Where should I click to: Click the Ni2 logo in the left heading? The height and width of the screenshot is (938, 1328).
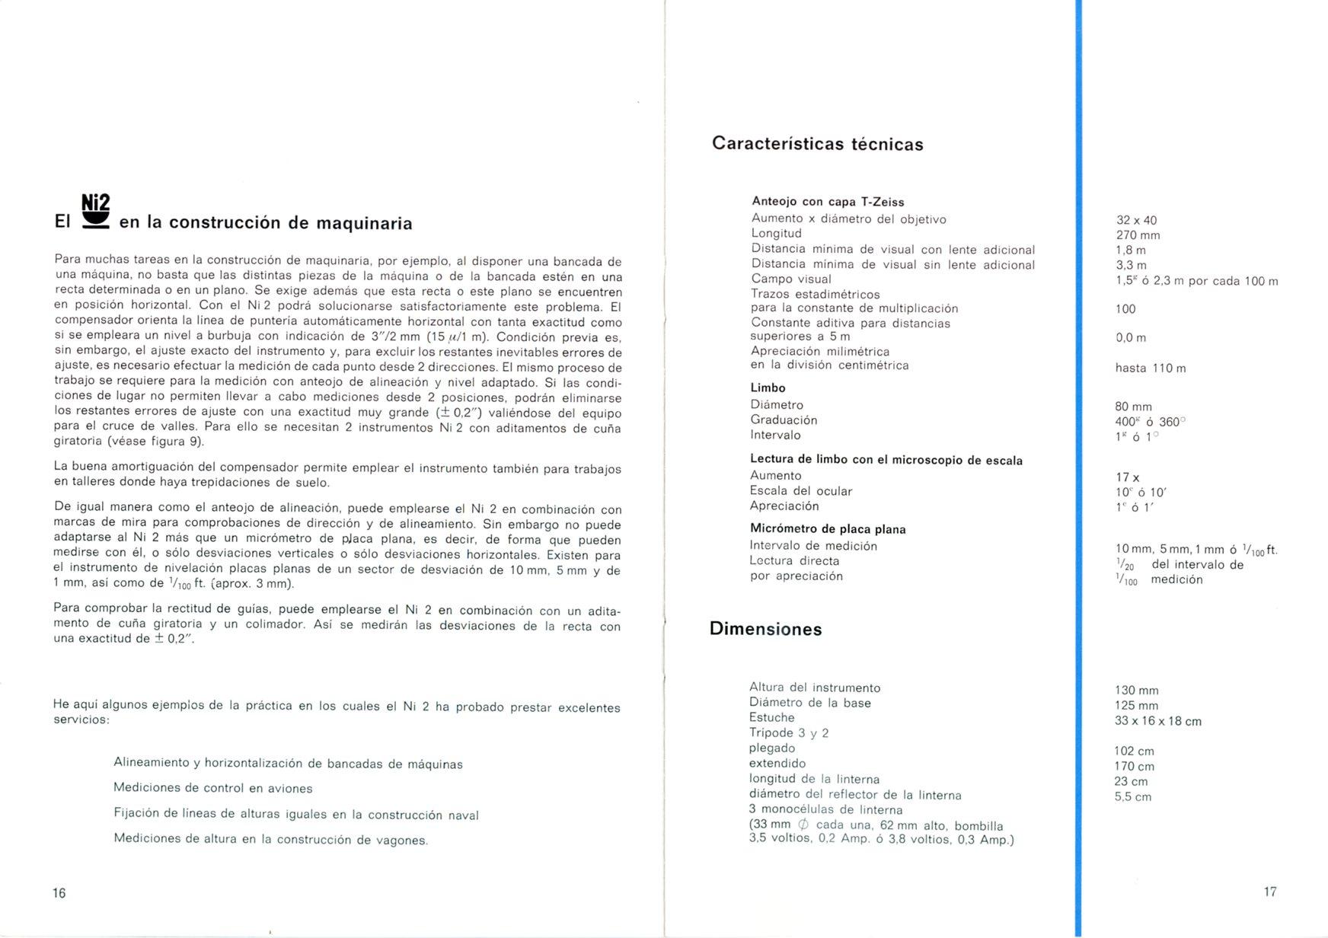(x=95, y=211)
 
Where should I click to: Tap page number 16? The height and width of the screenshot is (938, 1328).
(x=59, y=893)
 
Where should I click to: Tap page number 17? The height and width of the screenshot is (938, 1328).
(x=1270, y=892)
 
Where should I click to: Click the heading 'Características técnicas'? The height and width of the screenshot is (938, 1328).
(x=817, y=144)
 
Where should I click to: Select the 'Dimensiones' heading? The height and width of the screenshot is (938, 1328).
(x=765, y=629)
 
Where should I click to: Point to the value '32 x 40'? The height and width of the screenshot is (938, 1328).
(x=1136, y=221)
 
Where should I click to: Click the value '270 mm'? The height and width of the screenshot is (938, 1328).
(x=1138, y=235)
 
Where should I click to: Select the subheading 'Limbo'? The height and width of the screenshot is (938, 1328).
(x=768, y=388)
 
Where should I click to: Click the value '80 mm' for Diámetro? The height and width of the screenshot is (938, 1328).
(x=1133, y=407)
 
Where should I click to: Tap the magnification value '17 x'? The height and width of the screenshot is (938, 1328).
(x=1128, y=477)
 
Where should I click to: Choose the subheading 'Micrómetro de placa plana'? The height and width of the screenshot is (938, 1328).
(x=828, y=529)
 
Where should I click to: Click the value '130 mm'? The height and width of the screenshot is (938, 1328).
(x=1136, y=691)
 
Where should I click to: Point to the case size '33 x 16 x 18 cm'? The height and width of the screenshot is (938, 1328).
(x=1157, y=721)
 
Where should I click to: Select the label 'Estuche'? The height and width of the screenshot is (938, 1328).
(x=771, y=717)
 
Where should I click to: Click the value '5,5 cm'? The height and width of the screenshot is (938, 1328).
(x=1132, y=797)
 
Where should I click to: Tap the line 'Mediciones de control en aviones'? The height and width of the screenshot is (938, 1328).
(x=212, y=788)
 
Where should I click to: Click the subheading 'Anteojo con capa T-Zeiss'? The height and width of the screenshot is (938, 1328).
(x=828, y=202)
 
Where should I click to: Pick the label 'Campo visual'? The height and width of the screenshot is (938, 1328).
(x=791, y=279)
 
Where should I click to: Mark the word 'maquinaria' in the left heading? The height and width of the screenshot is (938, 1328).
(x=364, y=223)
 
